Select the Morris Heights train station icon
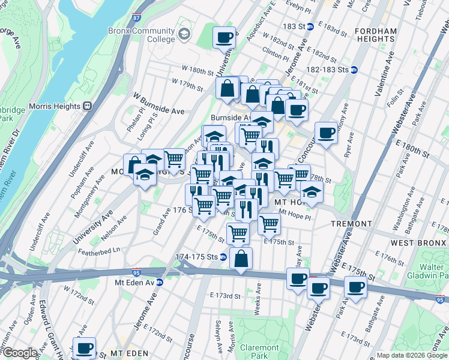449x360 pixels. [x=87, y=106]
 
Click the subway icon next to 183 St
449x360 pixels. [x=310, y=26]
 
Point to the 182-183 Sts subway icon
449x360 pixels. [x=354, y=70]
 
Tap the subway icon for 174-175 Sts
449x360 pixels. [x=223, y=257]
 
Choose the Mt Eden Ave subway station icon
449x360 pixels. [x=160, y=282]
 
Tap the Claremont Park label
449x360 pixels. [x=259, y=352]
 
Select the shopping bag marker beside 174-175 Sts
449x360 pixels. [x=241, y=259]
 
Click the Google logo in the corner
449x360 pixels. [x=19, y=353]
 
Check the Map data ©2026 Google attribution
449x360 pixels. [x=411, y=355]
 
